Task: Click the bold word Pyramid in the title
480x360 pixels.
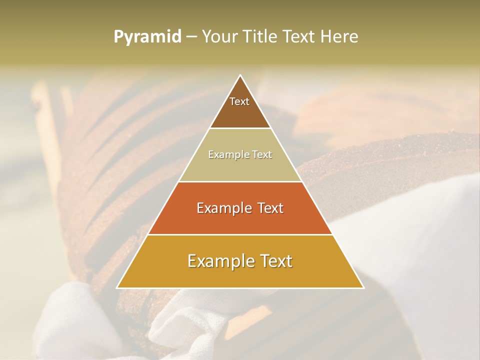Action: [147, 37]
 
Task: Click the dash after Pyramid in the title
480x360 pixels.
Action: [191, 37]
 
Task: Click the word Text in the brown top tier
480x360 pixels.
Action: [239, 101]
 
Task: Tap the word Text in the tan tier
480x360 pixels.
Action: [261, 155]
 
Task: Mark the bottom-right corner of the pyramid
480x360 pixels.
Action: [363, 287]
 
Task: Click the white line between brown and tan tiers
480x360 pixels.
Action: [240, 128]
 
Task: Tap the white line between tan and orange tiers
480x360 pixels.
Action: [240, 181]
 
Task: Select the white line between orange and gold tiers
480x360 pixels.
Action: [240, 234]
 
